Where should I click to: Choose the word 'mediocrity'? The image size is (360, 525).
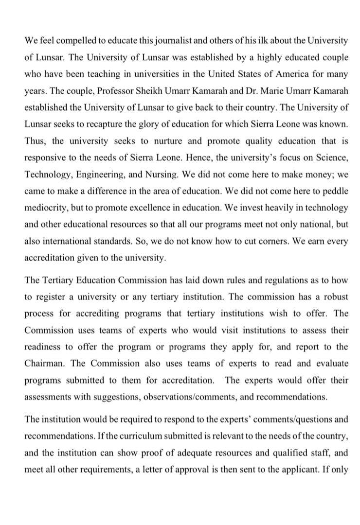(46, 207)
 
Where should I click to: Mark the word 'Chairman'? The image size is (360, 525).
(46, 363)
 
